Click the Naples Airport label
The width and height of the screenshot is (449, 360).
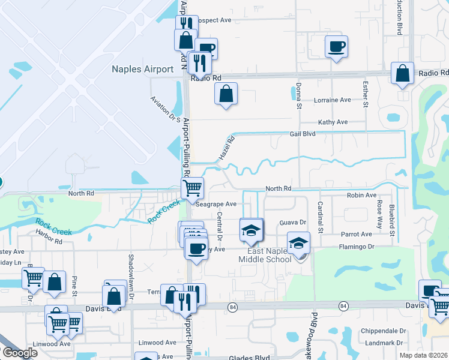(142, 69)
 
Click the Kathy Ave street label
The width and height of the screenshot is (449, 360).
(333, 122)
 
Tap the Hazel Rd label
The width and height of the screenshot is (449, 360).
(225, 147)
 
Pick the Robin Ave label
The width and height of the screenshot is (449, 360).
(361, 196)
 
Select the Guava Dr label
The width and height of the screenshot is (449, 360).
(293, 223)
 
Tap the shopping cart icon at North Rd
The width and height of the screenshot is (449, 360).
(192, 188)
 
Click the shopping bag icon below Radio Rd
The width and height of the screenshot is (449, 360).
(226, 94)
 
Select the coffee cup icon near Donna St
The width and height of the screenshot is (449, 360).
(336, 46)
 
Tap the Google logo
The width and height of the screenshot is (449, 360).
(19, 353)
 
